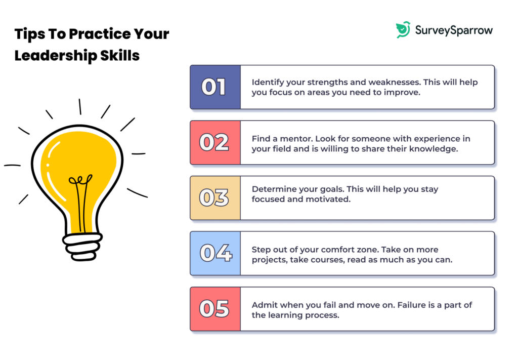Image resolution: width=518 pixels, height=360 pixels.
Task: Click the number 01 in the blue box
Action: (x=214, y=87)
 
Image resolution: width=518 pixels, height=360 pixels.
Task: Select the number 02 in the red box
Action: (x=214, y=143)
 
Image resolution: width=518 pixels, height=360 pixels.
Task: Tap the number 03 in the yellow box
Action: (x=214, y=198)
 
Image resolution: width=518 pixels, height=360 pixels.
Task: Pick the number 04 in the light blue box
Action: (x=214, y=253)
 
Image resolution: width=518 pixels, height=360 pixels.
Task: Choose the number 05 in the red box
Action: (x=214, y=309)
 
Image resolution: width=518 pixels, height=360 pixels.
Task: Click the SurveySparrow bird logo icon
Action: (x=403, y=30)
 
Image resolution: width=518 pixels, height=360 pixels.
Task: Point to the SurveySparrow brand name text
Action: (x=453, y=30)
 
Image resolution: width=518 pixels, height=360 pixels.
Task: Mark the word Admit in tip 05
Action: (x=263, y=305)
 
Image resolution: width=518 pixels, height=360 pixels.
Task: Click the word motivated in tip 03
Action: (x=333, y=199)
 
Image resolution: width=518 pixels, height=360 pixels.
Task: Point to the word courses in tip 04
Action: (x=328, y=260)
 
